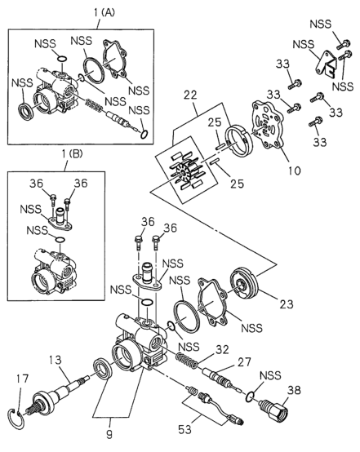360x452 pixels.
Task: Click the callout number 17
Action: pyautogui.click(x=23, y=379)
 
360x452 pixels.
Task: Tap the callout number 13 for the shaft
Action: pyautogui.click(x=55, y=360)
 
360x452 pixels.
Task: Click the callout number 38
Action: pyautogui.click(x=294, y=390)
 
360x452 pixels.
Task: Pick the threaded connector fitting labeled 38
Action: pyautogui.click(x=273, y=410)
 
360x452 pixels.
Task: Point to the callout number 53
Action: pyautogui.click(x=184, y=429)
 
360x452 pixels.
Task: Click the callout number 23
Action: pyautogui.click(x=287, y=304)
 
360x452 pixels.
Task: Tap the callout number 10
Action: pyautogui.click(x=294, y=171)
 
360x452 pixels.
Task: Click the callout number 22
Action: pyautogui.click(x=190, y=95)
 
